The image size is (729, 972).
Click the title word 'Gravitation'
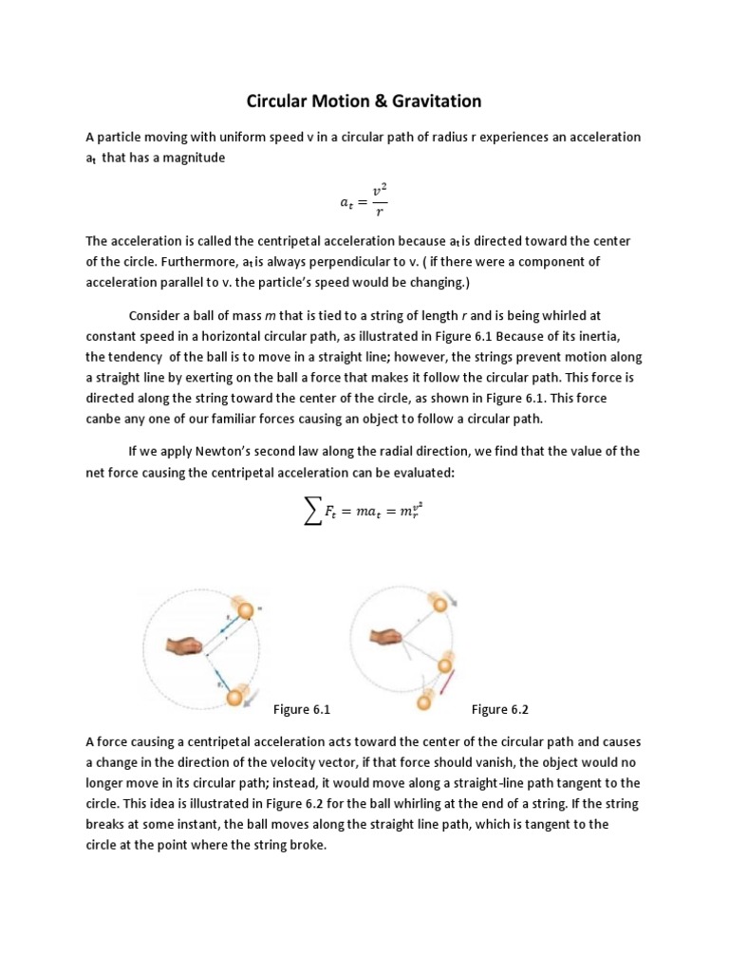point(436,101)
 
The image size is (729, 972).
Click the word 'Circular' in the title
point(280,101)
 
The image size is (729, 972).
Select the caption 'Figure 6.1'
point(301,709)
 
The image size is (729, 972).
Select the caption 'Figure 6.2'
point(499,709)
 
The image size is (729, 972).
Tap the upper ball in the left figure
point(245,609)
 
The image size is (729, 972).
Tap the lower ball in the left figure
point(233,699)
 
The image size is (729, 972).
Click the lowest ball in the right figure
point(425,703)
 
